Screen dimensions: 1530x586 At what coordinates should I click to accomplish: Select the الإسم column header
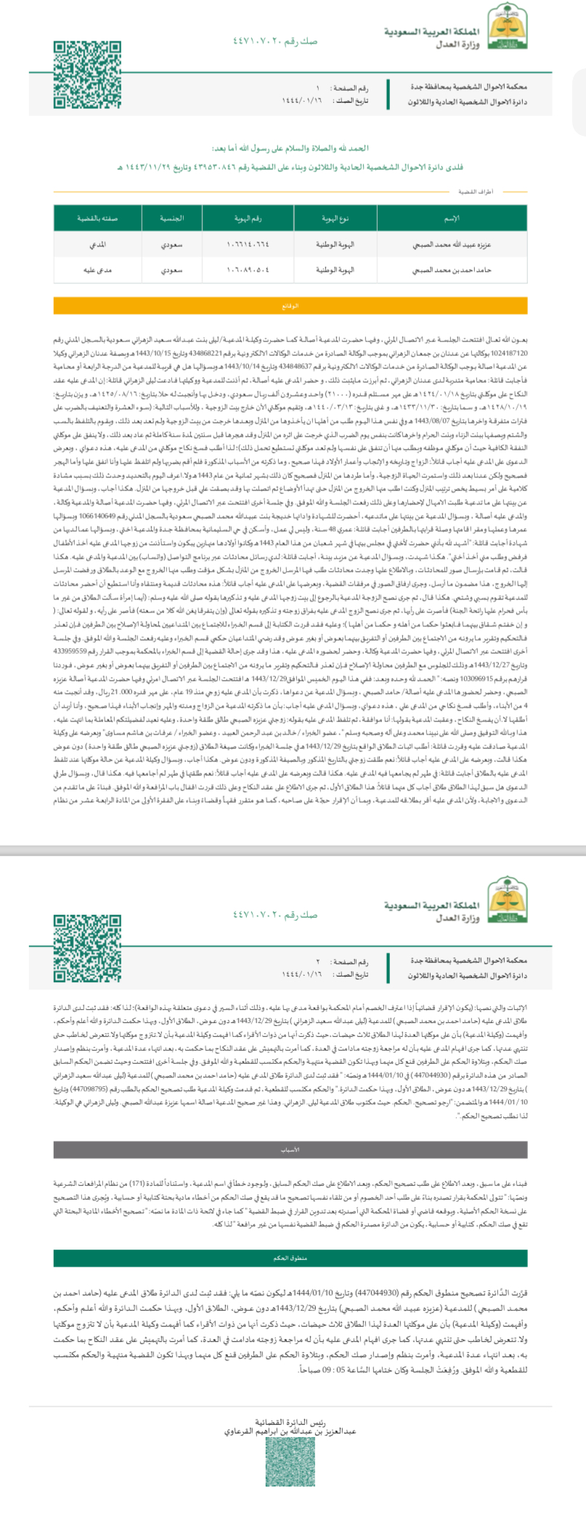[x=452, y=218]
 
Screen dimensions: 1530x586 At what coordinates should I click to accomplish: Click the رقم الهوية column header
[x=248, y=218]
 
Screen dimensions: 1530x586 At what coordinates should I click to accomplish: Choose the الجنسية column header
[x=171, y=218]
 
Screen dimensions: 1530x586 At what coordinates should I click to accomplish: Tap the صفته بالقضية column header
[x=98, y=218]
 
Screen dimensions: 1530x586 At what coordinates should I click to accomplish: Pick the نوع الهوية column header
[x=335, y=218]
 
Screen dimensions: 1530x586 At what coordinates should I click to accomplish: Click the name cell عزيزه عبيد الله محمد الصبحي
[x=452, y=245]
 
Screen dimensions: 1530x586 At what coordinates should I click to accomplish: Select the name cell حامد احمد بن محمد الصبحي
[x=452, y=270]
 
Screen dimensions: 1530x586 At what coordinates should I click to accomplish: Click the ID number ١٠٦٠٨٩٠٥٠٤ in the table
[x=248, y=270]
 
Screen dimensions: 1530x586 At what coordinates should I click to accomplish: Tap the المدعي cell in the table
[x=98, y=245]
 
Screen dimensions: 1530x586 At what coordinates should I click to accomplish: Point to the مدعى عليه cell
[x=98, y=270]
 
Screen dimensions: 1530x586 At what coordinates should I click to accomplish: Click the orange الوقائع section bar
[x=290, y=306]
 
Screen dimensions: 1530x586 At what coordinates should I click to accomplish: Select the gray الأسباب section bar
[x=290, y=1150]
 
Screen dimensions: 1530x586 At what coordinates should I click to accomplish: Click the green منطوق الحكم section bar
[x=290, y=1258]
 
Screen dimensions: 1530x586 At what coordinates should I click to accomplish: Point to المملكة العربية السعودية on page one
[x=431, y=32]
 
